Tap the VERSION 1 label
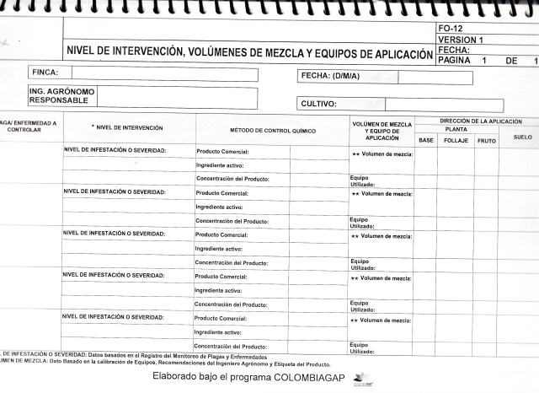462,40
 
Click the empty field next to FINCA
164,74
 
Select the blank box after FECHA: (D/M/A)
451,76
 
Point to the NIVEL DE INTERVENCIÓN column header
127,127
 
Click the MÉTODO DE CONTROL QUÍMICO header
273,132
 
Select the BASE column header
426,140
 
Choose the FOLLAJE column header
456,140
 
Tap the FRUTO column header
487,140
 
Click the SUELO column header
521,135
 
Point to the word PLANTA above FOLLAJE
456,130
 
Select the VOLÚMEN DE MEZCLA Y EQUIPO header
382,131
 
